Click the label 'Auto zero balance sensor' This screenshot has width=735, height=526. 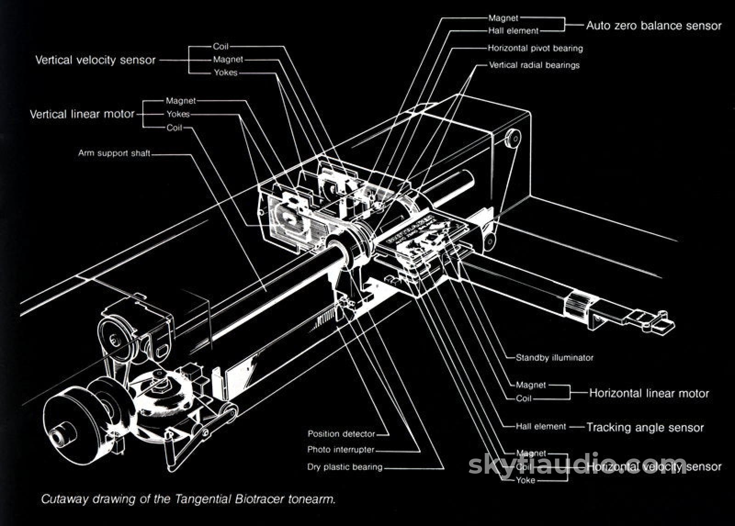(653, 26)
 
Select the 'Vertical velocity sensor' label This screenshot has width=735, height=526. (96, 60)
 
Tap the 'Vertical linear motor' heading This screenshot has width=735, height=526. (82, 114)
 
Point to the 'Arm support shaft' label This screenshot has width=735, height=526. (114, 153)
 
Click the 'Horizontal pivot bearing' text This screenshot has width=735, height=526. (535, 48)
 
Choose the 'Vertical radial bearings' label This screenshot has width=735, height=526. (534, 65)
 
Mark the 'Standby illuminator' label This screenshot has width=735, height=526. (554, 358)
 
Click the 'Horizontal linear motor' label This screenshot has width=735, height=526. (649, 393)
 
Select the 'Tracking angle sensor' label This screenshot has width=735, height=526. (645, 428)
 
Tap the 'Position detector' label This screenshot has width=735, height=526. (341, 434)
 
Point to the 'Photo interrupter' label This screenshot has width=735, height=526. (341, 450)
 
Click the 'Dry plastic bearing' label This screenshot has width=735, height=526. (345, 467)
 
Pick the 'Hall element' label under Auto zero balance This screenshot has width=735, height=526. (513, 31)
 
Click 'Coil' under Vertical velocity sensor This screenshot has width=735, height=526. (220, 46)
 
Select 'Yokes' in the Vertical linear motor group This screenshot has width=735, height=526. (178, 114)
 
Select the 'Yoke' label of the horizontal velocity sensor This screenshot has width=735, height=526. (526, 481)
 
